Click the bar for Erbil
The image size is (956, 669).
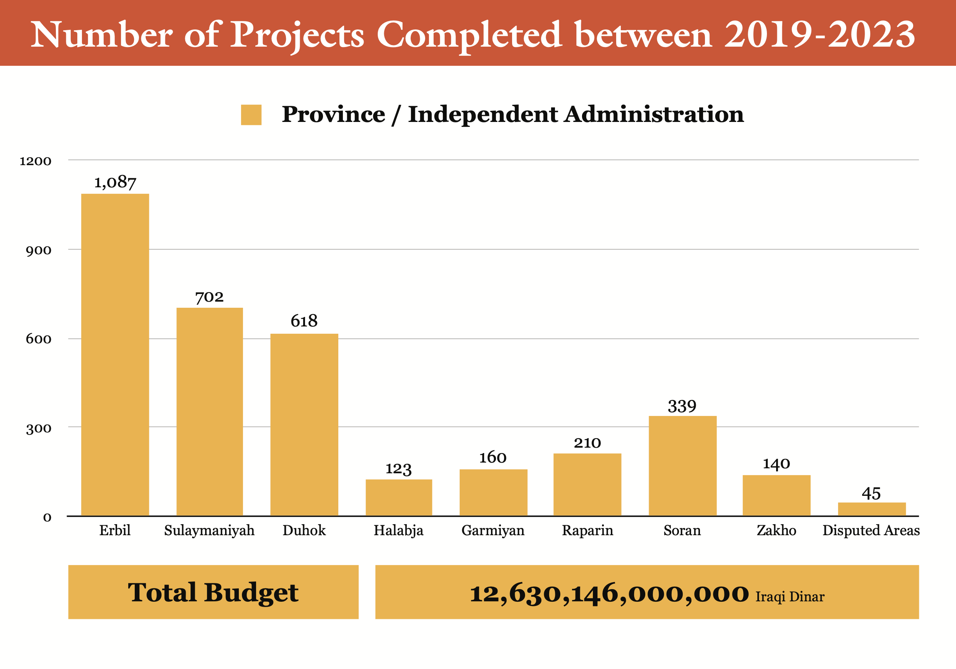[x=115, y=354]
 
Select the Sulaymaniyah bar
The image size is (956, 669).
[x=209, y=411]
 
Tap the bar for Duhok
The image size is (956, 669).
[x=304, y=424]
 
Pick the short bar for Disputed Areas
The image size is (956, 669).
[x=871, y=509]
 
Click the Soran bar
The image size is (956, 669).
[x=682, y=466]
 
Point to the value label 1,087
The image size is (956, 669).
[x=115, y=182]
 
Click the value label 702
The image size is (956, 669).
[x=209, y=297]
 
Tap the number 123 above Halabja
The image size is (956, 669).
[x=398, y=469]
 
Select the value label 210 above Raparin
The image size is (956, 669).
[x=587, y=443]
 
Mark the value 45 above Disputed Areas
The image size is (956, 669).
[x=871, y=494]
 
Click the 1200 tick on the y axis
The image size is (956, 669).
[x=35, y=161]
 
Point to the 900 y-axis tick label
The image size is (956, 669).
[x=38, y=250]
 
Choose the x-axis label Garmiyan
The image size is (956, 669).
[x=493, y=531]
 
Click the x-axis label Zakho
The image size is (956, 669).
[x=776, y=531]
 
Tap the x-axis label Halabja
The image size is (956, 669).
[x=398, y=531]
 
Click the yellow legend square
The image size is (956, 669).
[x=251, y=115]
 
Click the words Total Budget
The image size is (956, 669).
[x=213, y=592]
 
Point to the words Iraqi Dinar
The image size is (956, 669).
[x=790, y=597]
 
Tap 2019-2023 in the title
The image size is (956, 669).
[x=819, y=34]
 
